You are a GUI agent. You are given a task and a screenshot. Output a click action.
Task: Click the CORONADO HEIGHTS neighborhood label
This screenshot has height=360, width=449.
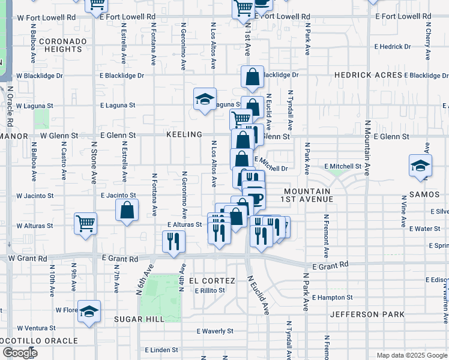tap(63, 45)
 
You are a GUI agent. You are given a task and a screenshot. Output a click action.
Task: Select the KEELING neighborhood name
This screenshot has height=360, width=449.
tap(184, 134)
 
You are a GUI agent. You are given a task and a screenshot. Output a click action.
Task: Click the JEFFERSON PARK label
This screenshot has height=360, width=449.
tap(362, 314)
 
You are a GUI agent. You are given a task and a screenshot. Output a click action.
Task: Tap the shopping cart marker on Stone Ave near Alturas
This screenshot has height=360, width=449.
tap(85, 223)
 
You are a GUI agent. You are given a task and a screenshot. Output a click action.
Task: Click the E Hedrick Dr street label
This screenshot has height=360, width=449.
tap(393, 46)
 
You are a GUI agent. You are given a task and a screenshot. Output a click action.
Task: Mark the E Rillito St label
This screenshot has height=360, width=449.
tap(209, 290)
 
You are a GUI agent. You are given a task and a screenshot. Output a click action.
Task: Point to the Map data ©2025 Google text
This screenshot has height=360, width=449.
tap(411, 355)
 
